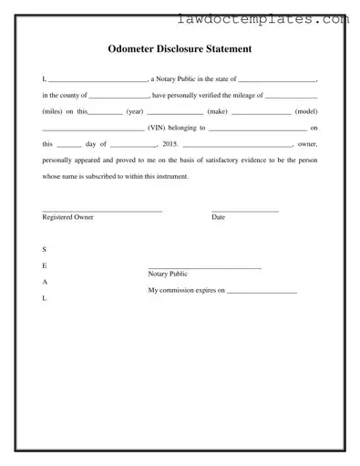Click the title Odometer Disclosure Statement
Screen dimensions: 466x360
point(180,47)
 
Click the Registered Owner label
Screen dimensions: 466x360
point(67,217)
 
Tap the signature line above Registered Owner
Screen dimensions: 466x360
point(102,212)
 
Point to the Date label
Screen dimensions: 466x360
point(219,217)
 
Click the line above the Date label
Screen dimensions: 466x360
point(245,212)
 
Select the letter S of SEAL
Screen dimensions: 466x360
point(45,249)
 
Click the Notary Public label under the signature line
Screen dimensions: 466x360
point(168,274)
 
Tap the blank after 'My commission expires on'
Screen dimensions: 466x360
point(262,292)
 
